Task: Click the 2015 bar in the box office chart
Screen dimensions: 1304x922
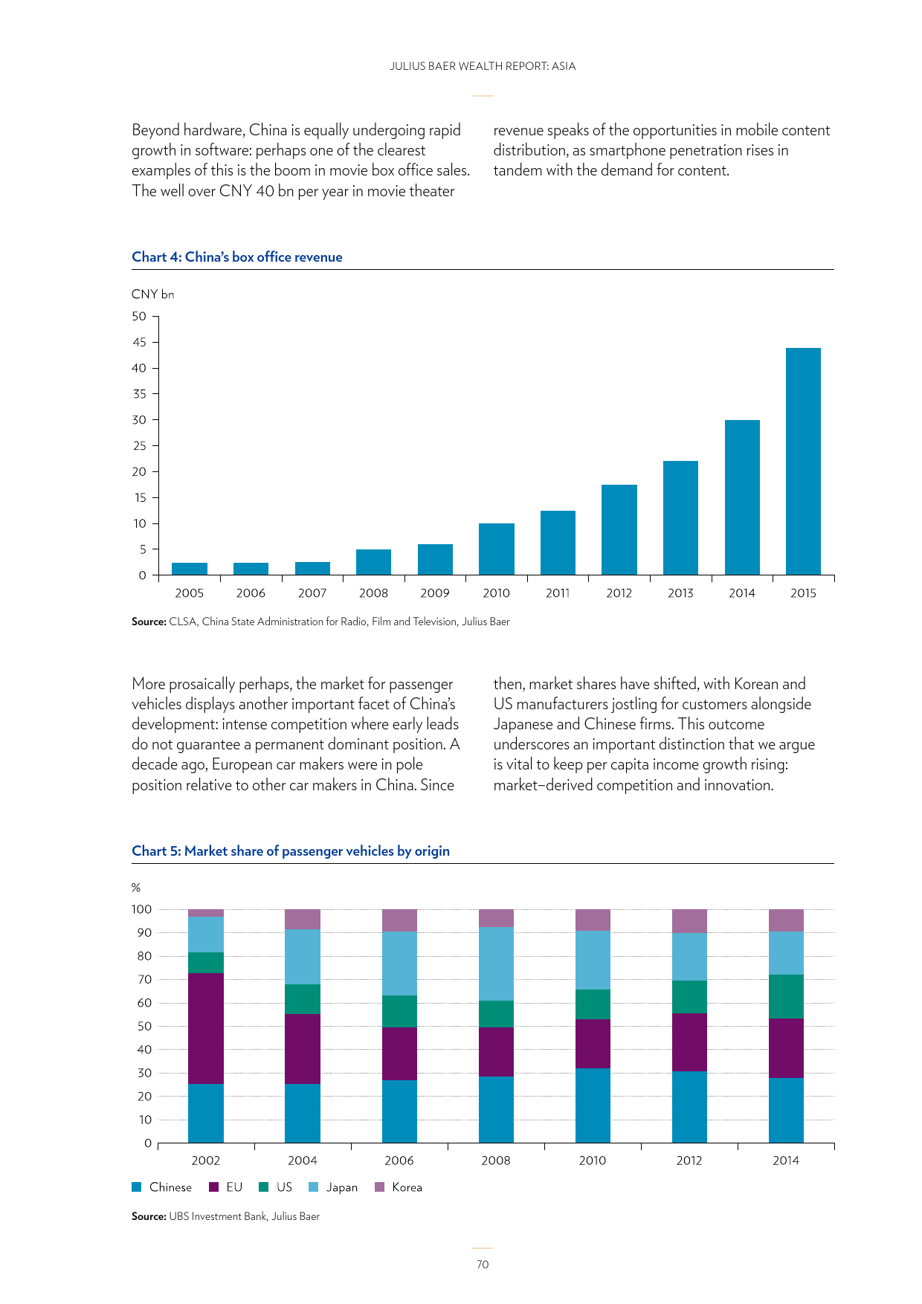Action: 803,461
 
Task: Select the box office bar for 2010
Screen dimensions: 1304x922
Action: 496,549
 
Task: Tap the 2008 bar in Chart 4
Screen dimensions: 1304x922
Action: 373,562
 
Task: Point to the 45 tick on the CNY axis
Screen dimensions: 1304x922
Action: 140,342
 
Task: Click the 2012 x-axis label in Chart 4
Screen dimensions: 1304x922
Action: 619,593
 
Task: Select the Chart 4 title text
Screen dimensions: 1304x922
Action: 237,257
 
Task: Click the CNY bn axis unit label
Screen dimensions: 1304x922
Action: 152,294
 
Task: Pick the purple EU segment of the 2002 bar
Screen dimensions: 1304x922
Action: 206,1028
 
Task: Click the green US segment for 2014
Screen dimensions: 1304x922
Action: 786,996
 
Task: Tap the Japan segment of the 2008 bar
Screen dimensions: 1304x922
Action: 496,964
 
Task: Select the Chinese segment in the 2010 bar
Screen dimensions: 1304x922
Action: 593,1106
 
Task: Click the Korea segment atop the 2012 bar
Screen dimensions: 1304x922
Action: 689,921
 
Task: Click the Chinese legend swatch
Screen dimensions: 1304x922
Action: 136,1187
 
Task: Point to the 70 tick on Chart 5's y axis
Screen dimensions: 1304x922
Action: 144,980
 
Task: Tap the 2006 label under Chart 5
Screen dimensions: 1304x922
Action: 399,1161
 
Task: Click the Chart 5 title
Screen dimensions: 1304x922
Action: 291,851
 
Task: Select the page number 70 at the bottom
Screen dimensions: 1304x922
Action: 483,1265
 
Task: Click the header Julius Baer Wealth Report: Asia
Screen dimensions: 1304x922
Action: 483,66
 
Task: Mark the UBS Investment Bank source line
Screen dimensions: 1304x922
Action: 225,1216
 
